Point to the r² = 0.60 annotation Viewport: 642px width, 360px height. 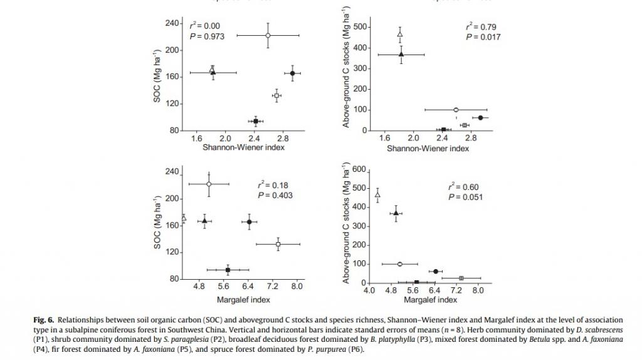click(465, 187)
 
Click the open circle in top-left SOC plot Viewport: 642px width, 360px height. click(268, 36)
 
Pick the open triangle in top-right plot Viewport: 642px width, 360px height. click(400, 34)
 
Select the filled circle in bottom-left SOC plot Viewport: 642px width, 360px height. click(250, 221)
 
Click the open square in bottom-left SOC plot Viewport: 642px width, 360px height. click(278, 244)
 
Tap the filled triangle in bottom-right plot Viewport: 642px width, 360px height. click(396, 213)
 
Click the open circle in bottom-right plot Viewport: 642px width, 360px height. click(400, 264)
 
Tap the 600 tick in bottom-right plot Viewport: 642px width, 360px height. click(358, 169)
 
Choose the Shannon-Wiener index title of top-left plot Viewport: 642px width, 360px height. click(243, 148)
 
